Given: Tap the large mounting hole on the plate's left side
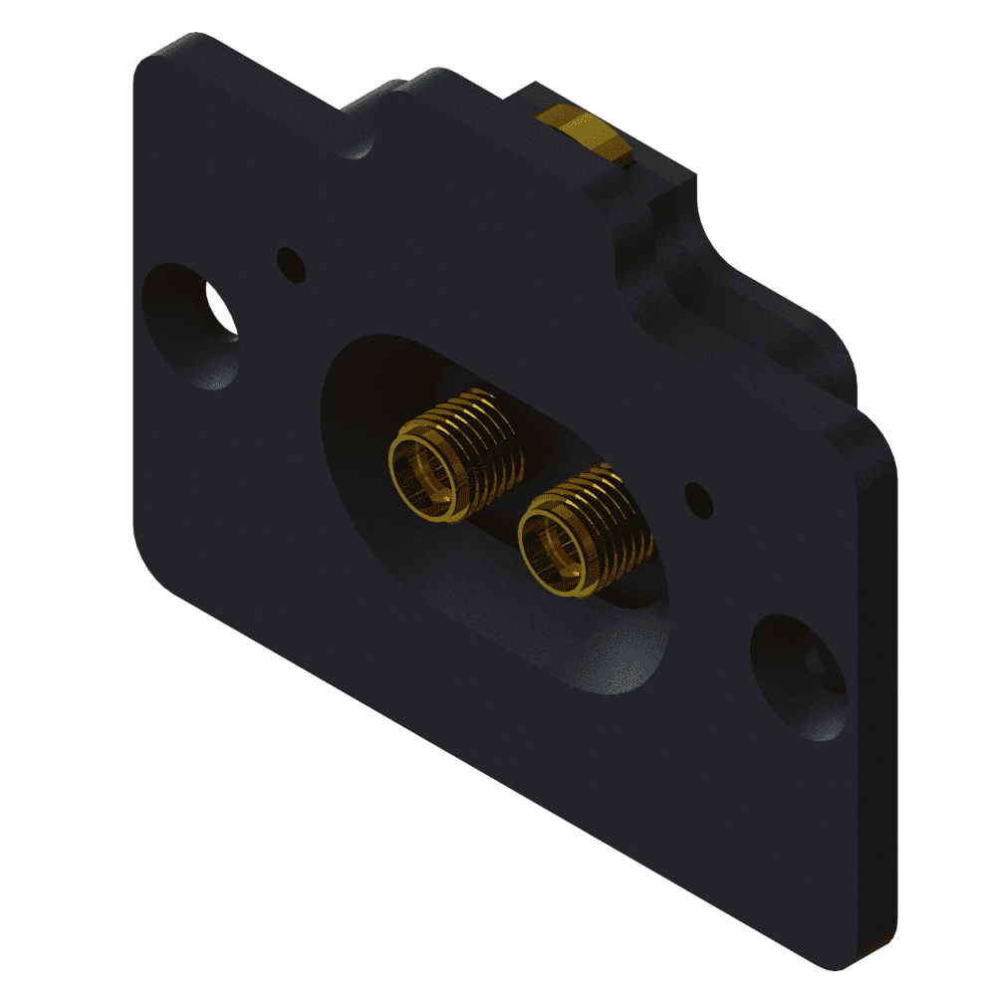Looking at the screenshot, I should tap(189, 325).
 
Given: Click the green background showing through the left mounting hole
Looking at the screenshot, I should tap(221, 308).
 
